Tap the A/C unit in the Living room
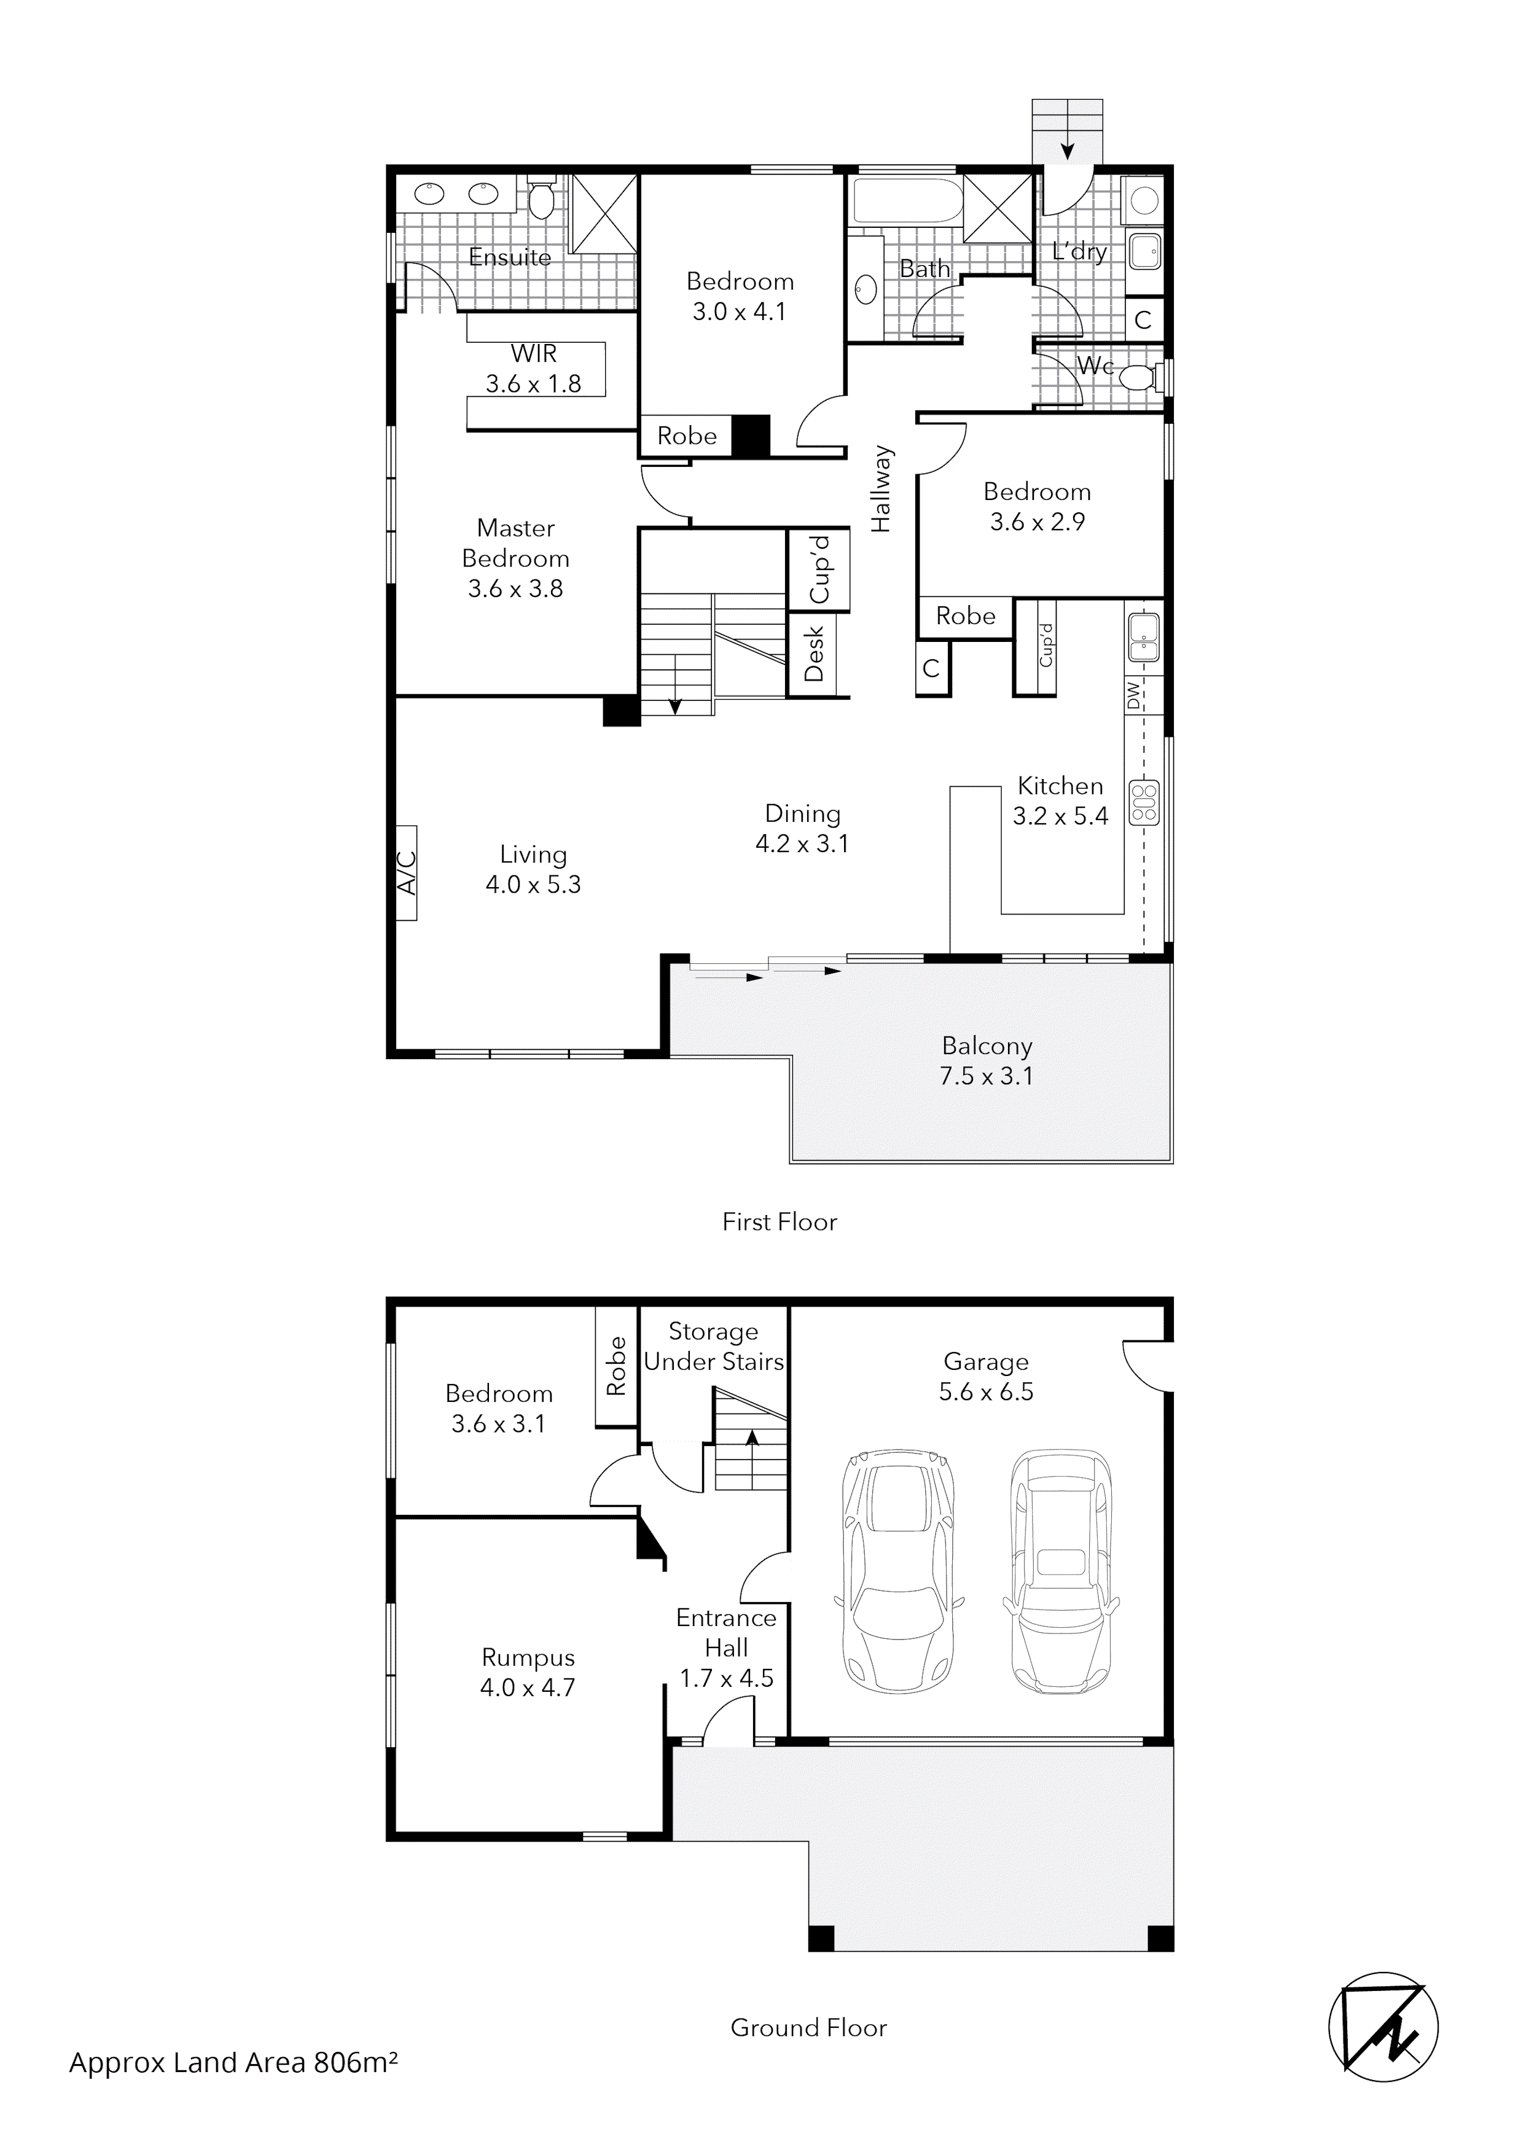tap(406, 873)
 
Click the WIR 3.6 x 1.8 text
tap(534, 369)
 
